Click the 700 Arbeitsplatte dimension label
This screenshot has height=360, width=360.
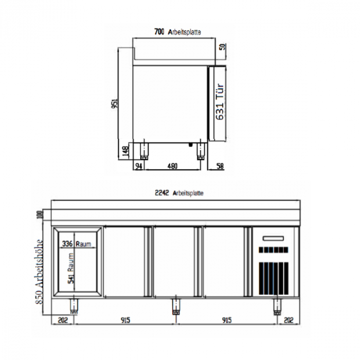click(177, 32)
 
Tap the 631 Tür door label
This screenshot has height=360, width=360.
click(220, 102)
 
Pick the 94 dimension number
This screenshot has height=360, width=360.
click(138, 166)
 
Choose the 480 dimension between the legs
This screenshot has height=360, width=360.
click(172, 166)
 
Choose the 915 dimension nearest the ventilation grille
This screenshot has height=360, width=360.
click(226, 320)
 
